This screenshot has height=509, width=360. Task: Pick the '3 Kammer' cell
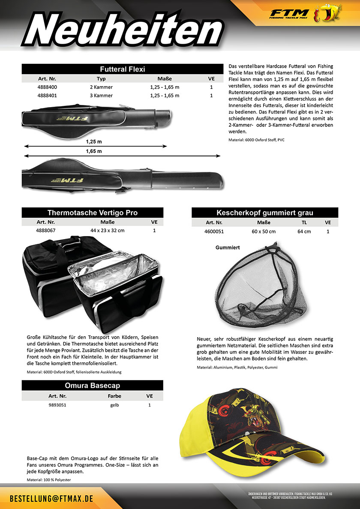(x=101, y=96)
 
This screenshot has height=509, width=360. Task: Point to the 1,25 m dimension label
(x=93, y=141)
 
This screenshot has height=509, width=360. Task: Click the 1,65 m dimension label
(x=93, y=151)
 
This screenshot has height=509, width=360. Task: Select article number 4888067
(x=45, y=230)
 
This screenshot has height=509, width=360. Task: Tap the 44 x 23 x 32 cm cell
(x=107, y=230)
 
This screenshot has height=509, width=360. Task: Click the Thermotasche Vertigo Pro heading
(x=93, y=213)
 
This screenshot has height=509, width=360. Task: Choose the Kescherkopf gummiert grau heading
(x=265, y=213)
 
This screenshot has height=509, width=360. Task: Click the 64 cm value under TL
(x=304, y=231)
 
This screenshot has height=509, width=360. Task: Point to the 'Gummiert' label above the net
(x=228, y=248)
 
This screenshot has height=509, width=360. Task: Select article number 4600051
(x=214, y=231)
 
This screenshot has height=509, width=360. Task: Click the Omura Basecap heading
(x=93, y=385)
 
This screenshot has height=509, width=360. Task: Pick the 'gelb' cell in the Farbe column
(x=114, y=404)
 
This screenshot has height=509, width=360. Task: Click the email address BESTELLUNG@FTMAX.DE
(x=51, y=500)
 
